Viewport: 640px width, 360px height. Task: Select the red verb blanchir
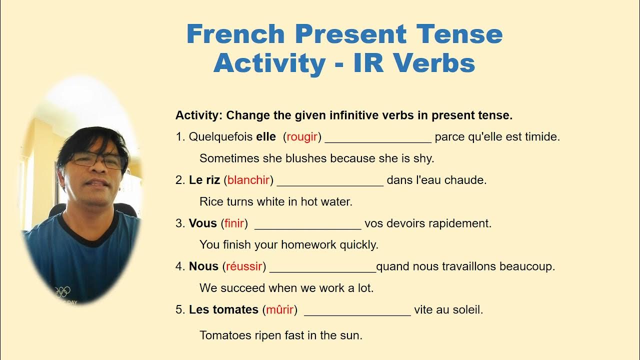click(248, 180)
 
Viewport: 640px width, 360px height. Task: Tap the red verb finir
click(234, 223)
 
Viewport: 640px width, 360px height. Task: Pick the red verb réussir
click(244, 267)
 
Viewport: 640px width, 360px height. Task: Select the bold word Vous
click(202, 223)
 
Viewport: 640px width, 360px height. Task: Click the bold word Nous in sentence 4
click(203, 267)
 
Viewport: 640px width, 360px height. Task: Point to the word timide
click(542, 137)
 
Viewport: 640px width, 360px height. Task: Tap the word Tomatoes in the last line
click(224, 335)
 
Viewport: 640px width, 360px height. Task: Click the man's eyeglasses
click(97, 160)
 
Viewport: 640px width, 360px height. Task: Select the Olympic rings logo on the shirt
click(62, 291)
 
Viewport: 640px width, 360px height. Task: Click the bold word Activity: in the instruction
click(198, 115)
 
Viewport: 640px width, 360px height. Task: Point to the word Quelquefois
click(220, 137)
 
